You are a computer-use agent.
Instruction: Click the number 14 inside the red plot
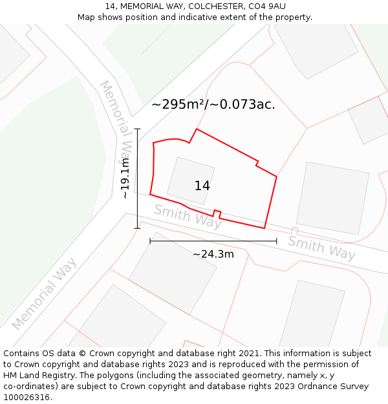point(202,186)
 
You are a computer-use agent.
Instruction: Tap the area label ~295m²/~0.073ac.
point(213,104)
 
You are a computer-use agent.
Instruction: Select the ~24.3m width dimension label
point(213,254)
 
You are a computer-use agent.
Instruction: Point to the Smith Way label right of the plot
point(321,248)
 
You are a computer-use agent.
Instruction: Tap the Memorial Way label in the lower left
point(44,293)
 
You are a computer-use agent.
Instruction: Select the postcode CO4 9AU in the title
point(266,6)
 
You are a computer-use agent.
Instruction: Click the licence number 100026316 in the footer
point(27,397)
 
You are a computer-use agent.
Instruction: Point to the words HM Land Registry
point(38,375)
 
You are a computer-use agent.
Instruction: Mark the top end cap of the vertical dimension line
point(137,129)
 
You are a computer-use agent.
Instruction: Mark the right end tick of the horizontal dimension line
point(277,241)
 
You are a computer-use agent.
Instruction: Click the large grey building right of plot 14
point(332,198)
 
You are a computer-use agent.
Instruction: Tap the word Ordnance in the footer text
point(303,386)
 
